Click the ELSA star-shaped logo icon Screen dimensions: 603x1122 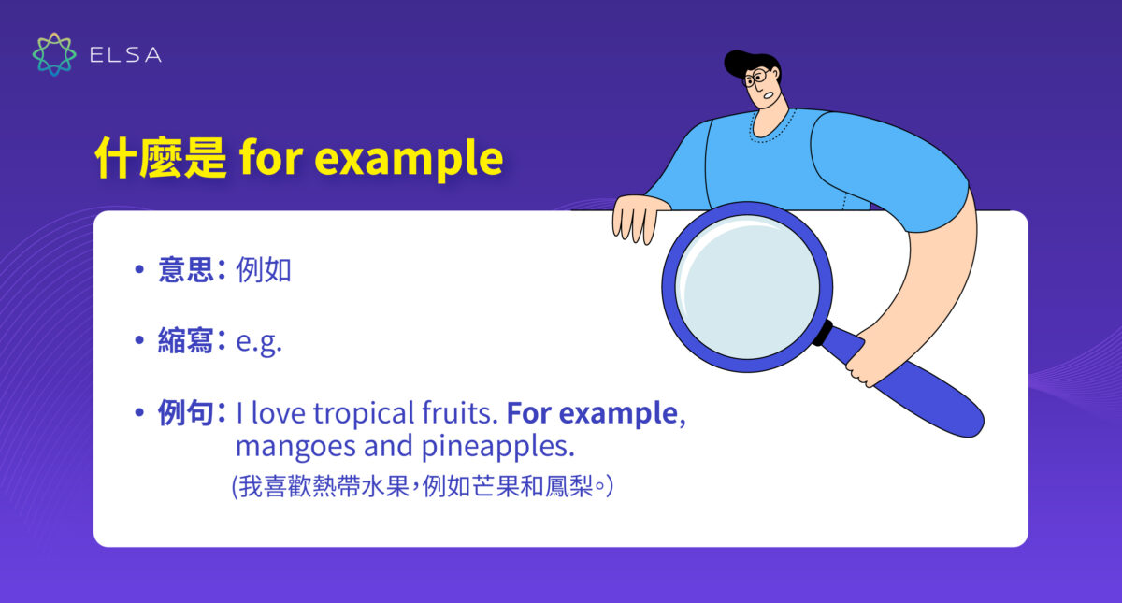54,54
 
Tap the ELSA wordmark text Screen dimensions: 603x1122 125,55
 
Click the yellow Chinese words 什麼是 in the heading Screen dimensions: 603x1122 160,160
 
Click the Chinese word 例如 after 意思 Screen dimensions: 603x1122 264,270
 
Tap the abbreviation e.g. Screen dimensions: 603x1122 259,342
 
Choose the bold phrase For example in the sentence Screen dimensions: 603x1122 591,413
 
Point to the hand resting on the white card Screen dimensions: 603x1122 638,217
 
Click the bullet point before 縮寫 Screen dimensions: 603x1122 139,341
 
